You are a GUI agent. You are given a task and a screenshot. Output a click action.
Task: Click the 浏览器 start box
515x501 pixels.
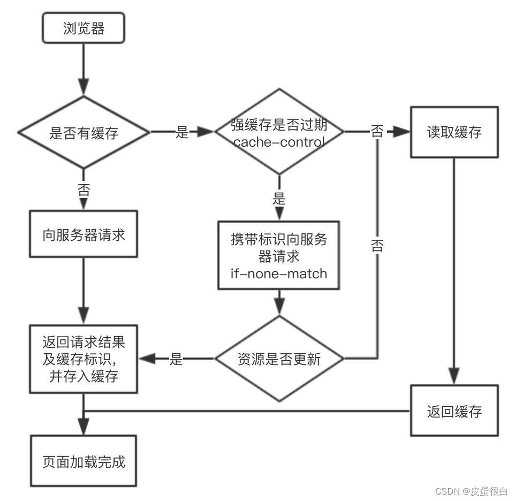coord(84,28)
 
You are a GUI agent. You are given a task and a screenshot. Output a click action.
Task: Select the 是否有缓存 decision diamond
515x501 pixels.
coord(84,132)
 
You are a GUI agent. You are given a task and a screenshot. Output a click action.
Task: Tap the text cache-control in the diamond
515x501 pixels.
coord(279,142)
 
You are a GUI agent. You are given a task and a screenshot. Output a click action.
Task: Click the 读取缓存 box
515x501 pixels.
coord(454,132)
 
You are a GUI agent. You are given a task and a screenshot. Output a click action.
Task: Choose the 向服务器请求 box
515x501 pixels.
coord(84,234)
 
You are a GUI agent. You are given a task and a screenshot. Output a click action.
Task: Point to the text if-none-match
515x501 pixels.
coord(278,274)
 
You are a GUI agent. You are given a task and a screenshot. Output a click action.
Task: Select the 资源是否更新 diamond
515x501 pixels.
coord(279,359)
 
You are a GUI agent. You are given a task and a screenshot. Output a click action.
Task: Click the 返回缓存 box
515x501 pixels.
coord(454,411)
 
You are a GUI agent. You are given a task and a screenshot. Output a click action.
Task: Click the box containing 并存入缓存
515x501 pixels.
coord(84,359)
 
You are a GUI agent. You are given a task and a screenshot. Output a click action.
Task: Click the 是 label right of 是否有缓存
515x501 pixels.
coord(183,132)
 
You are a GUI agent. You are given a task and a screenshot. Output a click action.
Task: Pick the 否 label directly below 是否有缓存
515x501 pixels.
coord(84,190)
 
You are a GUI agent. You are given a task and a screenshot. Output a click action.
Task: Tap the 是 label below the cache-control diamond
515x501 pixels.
coord(279,199)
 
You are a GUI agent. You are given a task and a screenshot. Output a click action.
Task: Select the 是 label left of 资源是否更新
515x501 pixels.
coord(176,359)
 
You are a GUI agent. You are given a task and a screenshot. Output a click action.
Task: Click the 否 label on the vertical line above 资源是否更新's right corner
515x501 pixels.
coord(377,246)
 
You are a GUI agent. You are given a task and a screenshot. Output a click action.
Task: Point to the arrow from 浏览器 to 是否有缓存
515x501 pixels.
coord(84,70)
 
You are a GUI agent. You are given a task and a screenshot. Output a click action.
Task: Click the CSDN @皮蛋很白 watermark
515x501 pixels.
coord(471,491)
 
